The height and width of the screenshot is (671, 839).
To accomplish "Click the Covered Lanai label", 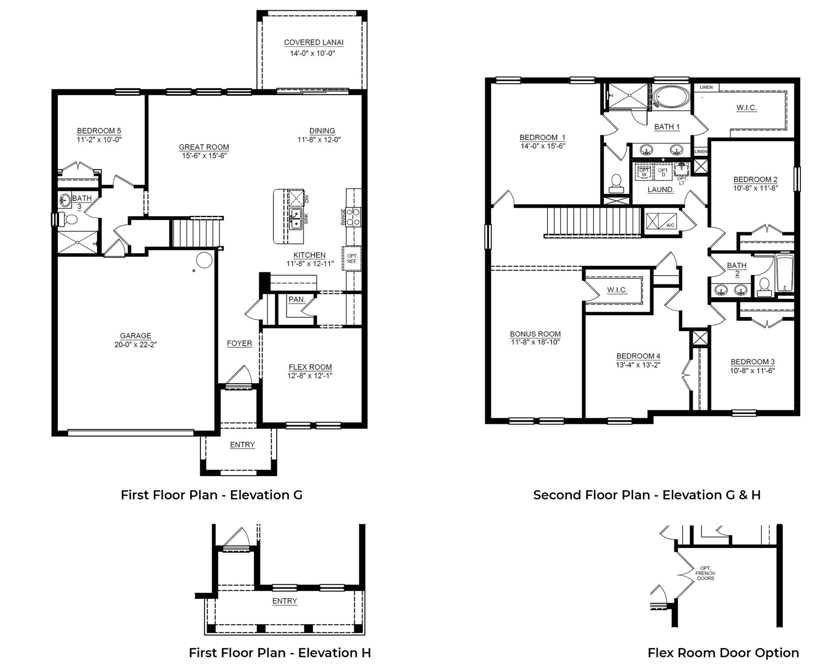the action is [x=314, y=42].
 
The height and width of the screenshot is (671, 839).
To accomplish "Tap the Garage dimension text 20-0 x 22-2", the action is [x=135, y=344].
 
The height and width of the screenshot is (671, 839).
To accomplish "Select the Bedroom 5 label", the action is [x=99, y=131].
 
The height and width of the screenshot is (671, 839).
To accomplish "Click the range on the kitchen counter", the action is [x=353, y=217].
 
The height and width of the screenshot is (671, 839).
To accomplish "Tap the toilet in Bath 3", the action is [x=68, y=220].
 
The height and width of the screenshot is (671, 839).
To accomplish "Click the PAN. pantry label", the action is [x=297, y=299].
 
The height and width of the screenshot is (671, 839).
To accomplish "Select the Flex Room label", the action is [x=310, y=367].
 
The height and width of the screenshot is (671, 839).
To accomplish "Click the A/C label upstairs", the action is [x=670, y=225].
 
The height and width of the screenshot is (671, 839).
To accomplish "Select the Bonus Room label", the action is [x=535, y=334].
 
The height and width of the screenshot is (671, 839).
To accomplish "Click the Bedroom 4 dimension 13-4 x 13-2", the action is [x=638, y=365].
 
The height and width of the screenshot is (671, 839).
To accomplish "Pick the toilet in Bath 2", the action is [x=764, y=287].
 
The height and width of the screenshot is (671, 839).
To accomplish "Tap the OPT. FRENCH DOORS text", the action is [x=705, y=573].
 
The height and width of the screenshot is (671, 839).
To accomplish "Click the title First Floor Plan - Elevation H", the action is [x=280, y=653].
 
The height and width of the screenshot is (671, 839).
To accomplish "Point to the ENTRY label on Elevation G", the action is [x=243, y=445].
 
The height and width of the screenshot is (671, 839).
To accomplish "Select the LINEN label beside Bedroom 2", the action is [x=701, y=151].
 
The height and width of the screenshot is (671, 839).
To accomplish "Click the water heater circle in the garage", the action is [x=204, y=260].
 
